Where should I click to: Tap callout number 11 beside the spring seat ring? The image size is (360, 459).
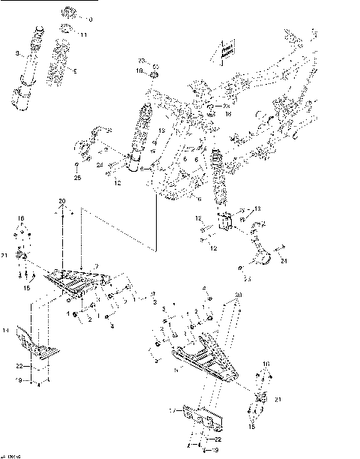point(83,35)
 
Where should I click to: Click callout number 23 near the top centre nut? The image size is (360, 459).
point(140,59)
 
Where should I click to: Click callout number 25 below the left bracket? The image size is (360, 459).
point(76,179)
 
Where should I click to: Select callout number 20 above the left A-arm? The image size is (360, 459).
point(63,201)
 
